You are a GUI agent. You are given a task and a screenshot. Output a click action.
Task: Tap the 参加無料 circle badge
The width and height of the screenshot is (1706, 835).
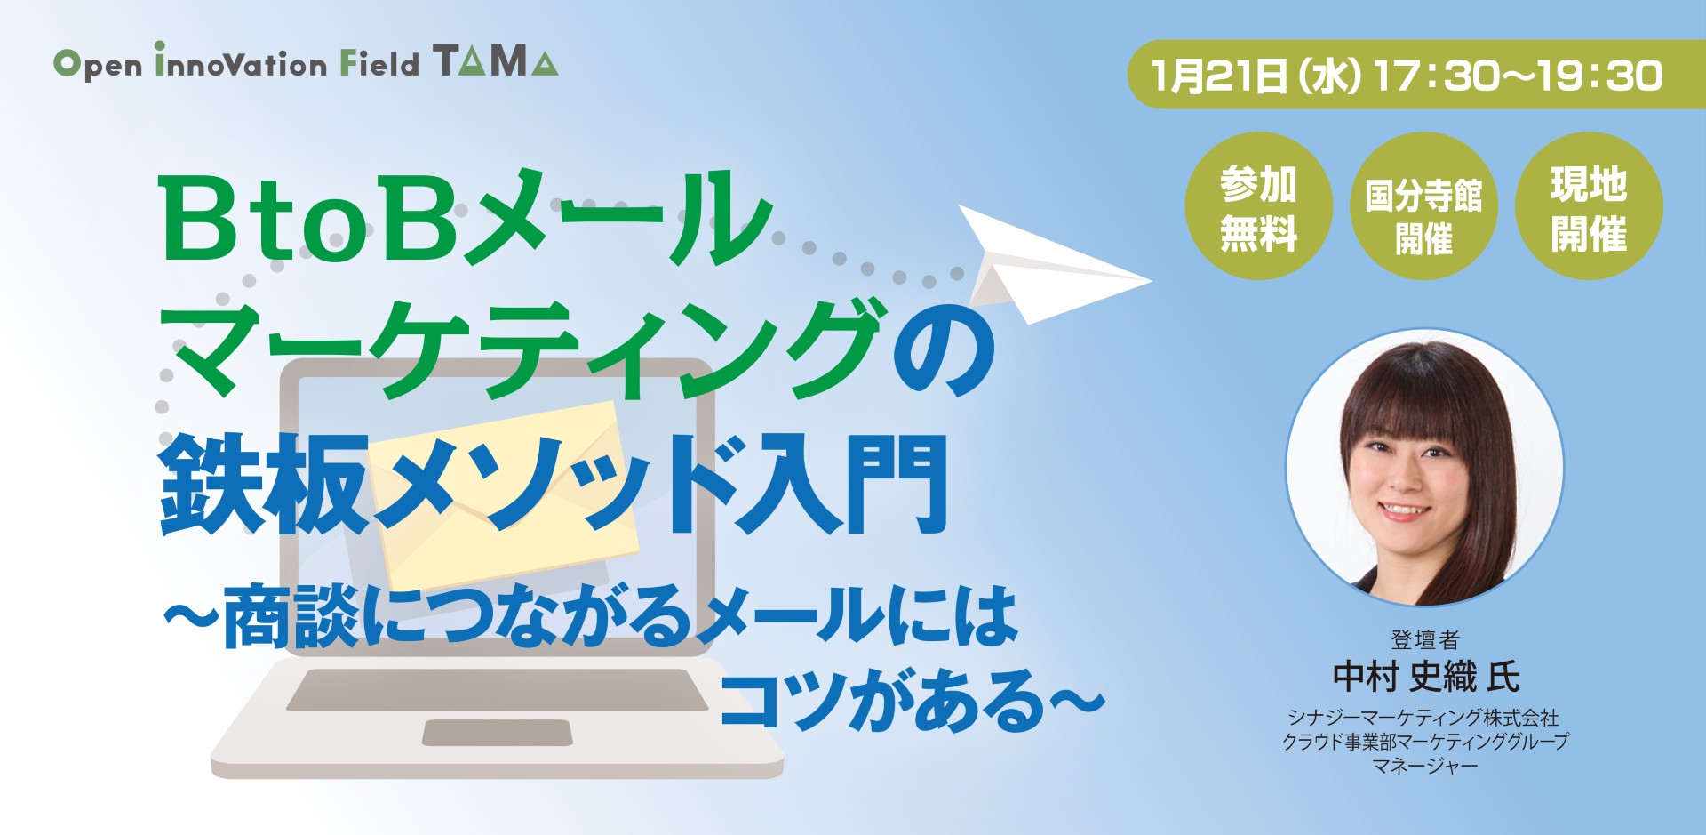(x=1258, y=207)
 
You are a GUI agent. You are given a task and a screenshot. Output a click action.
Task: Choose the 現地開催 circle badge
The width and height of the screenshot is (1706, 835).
(x=1588, y=207)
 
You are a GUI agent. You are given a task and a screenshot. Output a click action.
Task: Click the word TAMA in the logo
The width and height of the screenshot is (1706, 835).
(x=496, y=61)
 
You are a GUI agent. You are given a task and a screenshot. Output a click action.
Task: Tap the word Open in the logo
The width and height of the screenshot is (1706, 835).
(x=98, y=64)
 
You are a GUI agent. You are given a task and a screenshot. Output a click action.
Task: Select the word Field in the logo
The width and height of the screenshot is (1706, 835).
(x=379, y=63)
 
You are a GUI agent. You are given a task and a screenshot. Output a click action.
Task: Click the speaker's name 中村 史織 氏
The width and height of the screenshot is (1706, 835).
(x=1425, y=677)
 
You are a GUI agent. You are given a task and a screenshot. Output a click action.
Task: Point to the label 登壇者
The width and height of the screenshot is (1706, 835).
(x=1425, y=638)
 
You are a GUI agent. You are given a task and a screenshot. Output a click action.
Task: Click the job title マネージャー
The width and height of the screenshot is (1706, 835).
(x=1425, y=766)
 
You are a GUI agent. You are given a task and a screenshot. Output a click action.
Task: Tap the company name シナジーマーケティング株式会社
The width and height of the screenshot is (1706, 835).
(x=1425, y=717)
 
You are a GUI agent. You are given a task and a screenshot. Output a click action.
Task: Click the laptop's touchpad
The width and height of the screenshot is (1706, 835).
(x=497, y=733)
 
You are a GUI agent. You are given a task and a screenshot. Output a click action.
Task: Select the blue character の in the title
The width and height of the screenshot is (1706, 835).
(x=945, y=351)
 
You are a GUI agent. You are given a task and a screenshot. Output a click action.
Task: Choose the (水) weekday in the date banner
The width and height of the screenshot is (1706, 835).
(x=1329, y=76)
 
